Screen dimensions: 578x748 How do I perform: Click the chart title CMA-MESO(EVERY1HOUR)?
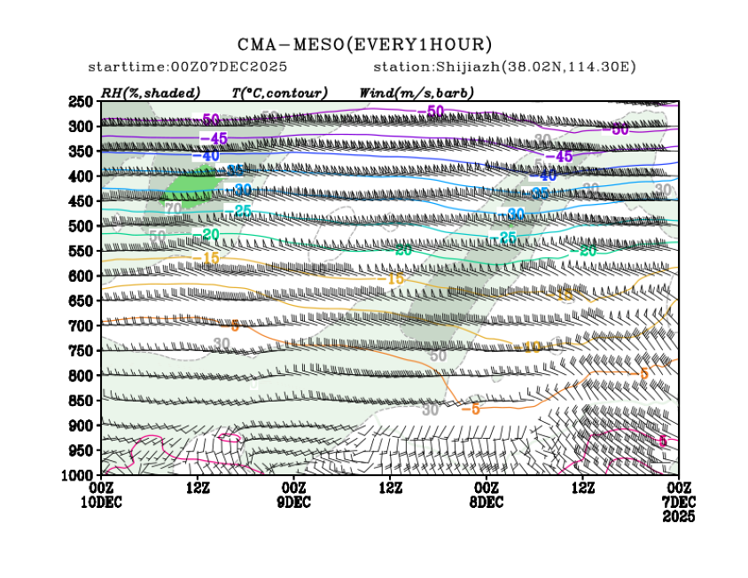pos(364,44)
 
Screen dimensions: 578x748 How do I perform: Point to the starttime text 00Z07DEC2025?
pos(233,67)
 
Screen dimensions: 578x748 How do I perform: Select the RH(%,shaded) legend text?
pos(151,92)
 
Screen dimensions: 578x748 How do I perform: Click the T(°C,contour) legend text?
pos(279,92)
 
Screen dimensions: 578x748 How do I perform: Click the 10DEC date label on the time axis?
pos(102,502)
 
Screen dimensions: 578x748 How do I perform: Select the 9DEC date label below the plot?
pos(293,502)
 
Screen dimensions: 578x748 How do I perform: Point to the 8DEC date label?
pos(487,502)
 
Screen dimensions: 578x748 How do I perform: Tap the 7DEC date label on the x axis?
pos(678,502)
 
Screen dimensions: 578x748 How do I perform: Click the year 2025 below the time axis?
pos(678,515)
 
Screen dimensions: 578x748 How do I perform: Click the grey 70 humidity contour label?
pos(174,208)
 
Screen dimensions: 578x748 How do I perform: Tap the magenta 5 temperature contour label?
pos(663,441)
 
